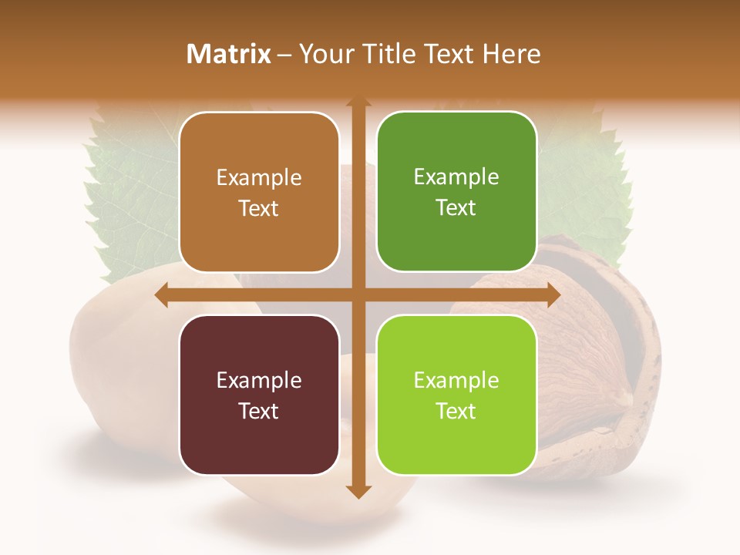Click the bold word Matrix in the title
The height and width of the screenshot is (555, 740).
(229, 54)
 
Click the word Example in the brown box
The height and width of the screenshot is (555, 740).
(259, 178)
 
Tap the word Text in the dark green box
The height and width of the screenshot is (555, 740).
(456, 208)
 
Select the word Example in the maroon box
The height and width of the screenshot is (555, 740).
(259, 380)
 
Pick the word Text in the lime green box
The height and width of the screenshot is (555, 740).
(456, 411)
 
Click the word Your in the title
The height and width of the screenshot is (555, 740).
(325, 54)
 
